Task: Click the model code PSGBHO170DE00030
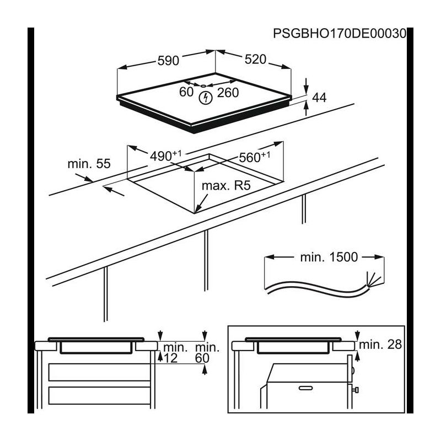pyautogui.click(x=340, y=34)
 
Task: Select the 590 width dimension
pyautogui.click(x=168, y=61)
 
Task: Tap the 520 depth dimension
pyautogui.click(x=255, y=60)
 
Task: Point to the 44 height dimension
pyautogui.click(x=319, y=98)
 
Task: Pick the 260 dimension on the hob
pyautogui.click(x=228, y=93)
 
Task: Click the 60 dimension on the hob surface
pyautogui.click(x=186, y=92)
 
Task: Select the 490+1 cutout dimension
pyautogui.click(x=166, y=156)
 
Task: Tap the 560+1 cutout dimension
pyautogui.click(x=255, y=157)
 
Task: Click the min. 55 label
pyautogui.click(x=89, y=164)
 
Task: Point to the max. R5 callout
pyautogui.click(x=226, y=186)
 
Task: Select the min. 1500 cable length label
pyautogui.click(x=329, y=257)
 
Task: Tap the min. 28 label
pyautogui.click(x=380, y=345)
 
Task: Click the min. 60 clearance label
pyautogui.click(x=207, y=353)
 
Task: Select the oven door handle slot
pyautogui.click(x=306, y=388)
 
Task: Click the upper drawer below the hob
pyautogui.click(x=100, y=372)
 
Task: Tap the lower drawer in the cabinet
pyautogui.click(x=100, y=396)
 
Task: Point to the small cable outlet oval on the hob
pyautogui.click(x=203, y=85)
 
